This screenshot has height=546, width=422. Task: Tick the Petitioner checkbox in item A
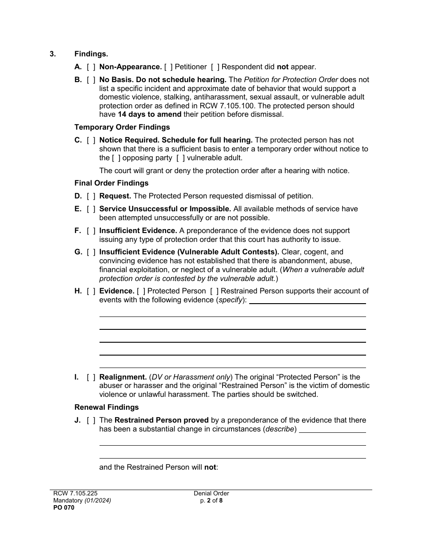(x=168, y=67)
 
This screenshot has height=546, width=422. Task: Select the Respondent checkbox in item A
(x=215, y=67)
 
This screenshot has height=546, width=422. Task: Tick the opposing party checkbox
(x=116, y=158)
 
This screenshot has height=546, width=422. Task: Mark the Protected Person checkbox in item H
(x=141, y=291)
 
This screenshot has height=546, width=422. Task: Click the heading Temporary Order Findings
(x=122, y=127)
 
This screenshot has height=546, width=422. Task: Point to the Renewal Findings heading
(x=107, y=408)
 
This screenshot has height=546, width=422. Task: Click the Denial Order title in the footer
(x=211, y=493)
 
